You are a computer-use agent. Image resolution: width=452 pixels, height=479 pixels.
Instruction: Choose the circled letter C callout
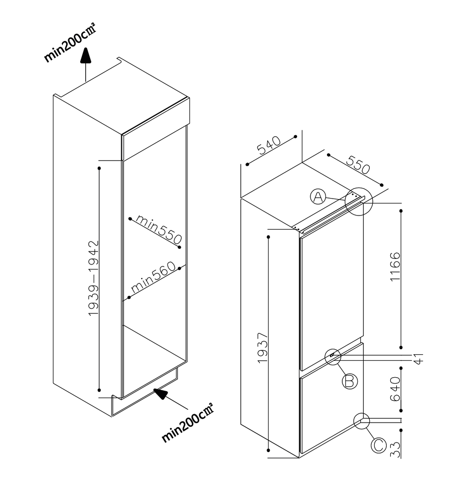379,445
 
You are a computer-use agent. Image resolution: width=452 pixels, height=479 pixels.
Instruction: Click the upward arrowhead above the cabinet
86,55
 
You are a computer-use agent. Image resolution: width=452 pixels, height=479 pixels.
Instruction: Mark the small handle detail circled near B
332,356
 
